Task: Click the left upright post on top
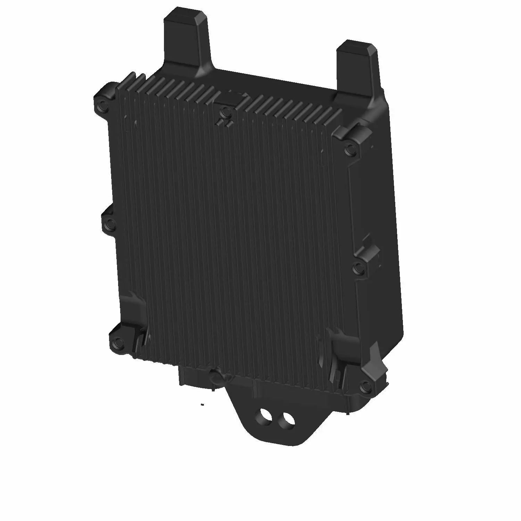click(187, 42)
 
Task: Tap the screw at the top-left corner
click(101, 103)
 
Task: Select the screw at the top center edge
click(225, 112)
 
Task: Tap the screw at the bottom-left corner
click(117, 341)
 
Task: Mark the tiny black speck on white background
click(202, 404)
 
